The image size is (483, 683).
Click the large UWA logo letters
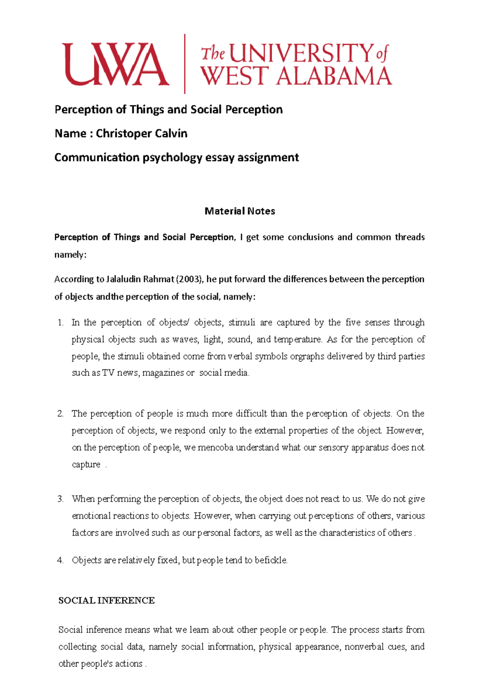(115, 64)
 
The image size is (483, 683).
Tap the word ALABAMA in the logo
(334, 76)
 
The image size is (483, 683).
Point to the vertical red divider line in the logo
(185, 64)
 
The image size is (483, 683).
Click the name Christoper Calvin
(141, 134)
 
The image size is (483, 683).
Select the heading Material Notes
(240, 211)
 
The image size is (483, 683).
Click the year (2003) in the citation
(191, 279)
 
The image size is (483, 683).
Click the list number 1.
(60, 323)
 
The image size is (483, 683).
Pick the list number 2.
(60, 414)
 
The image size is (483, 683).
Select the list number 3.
(60, 499)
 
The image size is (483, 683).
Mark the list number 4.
(60, 560)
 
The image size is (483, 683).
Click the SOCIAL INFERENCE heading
(107, 601)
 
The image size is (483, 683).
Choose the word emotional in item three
(91, 516)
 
